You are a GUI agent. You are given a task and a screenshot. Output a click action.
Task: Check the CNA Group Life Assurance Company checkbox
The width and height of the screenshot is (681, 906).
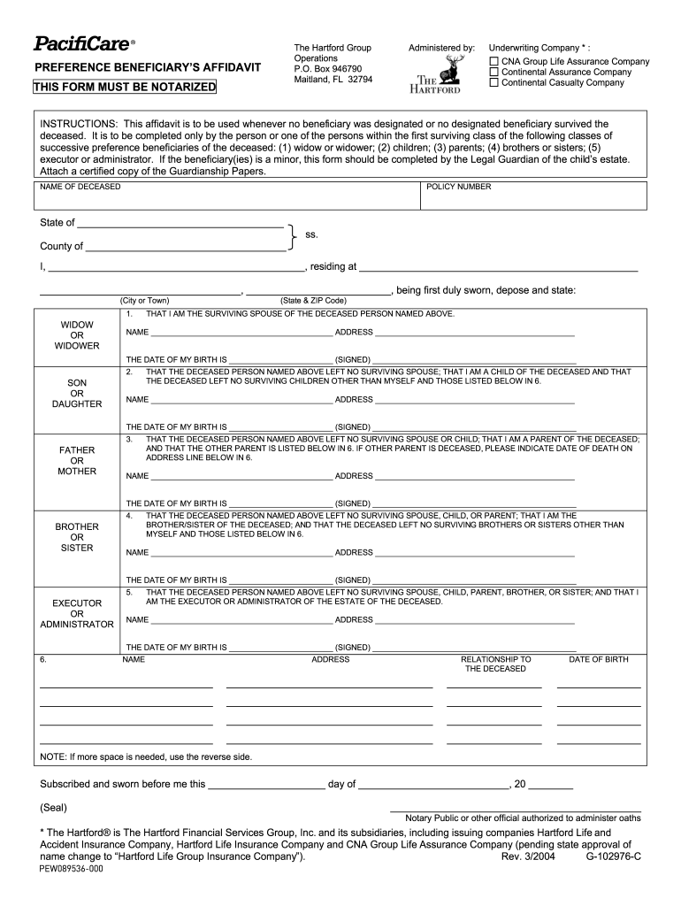pos(494,61)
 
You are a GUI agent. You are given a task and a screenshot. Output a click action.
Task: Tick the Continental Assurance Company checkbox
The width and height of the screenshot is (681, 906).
pos(494,72)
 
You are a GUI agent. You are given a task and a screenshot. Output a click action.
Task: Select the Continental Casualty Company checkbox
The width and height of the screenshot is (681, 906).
pos(494,82)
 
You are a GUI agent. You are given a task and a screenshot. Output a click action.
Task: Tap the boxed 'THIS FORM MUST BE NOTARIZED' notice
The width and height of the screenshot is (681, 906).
pos(125,87)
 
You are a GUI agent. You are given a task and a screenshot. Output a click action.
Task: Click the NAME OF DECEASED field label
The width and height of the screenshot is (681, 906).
pos(80,187)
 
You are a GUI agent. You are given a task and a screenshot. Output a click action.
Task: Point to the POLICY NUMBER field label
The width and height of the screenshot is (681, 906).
pos(458,187)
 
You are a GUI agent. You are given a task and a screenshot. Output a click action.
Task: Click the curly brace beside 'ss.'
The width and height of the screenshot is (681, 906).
pos(293,234)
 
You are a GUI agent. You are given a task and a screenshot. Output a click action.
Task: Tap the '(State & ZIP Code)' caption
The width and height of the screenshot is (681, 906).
pos(313,300)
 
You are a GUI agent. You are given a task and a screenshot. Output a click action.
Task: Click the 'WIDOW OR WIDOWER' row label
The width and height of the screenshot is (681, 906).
pos(77,335)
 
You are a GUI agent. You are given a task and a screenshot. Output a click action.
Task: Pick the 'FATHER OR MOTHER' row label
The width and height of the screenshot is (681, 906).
pos(77,460)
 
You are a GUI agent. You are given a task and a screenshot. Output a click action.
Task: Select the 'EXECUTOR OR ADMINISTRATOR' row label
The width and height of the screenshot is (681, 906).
pos(77,613)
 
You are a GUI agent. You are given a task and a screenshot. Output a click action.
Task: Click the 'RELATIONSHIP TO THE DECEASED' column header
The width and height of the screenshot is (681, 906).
pos(495,664)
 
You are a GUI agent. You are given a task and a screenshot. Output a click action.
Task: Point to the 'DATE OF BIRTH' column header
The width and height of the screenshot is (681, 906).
pos(599,659)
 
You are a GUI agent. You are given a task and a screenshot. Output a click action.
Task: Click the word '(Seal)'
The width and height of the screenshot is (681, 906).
pos(54,807)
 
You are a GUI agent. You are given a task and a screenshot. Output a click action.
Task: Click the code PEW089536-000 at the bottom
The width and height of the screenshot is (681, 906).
pos(72,870)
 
